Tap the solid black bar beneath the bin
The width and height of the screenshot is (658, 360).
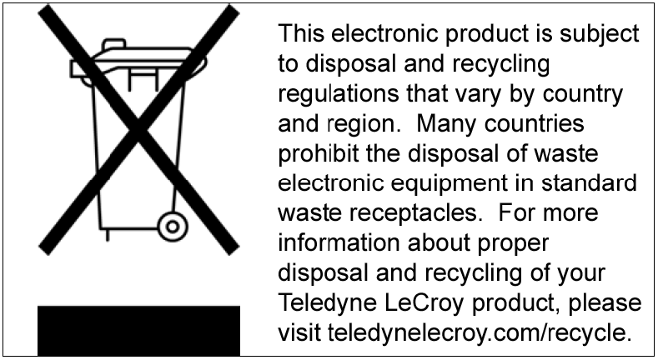pyautogui.click(x=139, y=331)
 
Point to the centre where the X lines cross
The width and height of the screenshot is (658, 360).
pyautogui.click(x=139, y=130)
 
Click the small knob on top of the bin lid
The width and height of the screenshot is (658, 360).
pyautogui.click(x=114, y=44)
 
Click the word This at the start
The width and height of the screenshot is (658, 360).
pyautogui.click(x=301, y=33)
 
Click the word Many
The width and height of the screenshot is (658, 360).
pyautogui.click(x=446, y=124)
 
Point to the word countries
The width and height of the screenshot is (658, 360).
pyautogui.click(x=535, y=123)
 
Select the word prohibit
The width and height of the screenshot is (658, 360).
pyautogui.click(x=319, y=154)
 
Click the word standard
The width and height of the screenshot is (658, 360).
pyautogui.click(x=589, y=182)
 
